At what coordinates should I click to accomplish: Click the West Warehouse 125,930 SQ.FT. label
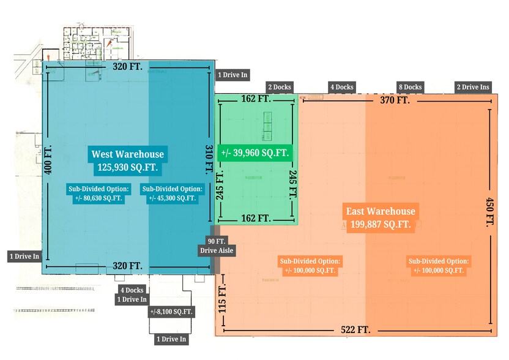point(128,160)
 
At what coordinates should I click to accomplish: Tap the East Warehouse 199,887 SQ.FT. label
point(380,218)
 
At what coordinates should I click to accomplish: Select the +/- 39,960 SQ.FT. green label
point(256,153)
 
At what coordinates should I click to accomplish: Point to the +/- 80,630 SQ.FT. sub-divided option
point(98,193)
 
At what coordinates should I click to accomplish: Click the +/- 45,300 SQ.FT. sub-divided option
point(171,193)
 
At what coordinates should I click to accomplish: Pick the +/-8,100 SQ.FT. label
point(171,312)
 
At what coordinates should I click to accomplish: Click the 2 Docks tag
point(278,88)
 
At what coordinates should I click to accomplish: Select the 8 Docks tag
point(409,88)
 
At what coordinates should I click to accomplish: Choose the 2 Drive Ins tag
point(473,88)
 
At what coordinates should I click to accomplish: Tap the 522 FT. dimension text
point(355,330)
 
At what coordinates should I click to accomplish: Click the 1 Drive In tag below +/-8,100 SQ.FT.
point(171,339)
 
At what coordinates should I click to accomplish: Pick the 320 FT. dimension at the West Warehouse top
point(127,67)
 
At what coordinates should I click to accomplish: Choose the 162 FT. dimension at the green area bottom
point(256,218)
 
